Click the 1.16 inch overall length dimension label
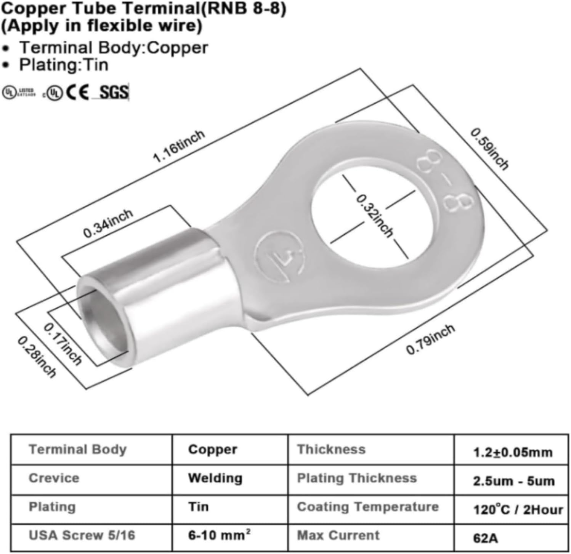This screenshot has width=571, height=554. [x=178, y=146]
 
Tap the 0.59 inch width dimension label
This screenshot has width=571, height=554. [x=489, y=149]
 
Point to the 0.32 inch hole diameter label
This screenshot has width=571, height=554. [x=374, y=216]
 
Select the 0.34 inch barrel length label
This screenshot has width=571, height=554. [x=108, y=223]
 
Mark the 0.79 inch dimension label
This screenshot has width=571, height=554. [x=430, y=339]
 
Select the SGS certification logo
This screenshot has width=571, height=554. [x=114, y=92]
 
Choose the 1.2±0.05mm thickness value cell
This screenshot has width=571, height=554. [x=512, y=452]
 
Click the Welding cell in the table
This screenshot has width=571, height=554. [x=215, y=478]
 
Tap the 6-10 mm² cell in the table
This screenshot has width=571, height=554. [x=219, y=535]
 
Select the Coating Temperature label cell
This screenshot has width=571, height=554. [x=368, y=507]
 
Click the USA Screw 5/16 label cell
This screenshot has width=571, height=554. [x=82, y=535]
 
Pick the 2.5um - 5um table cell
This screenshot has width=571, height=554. [x=513, y=481]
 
